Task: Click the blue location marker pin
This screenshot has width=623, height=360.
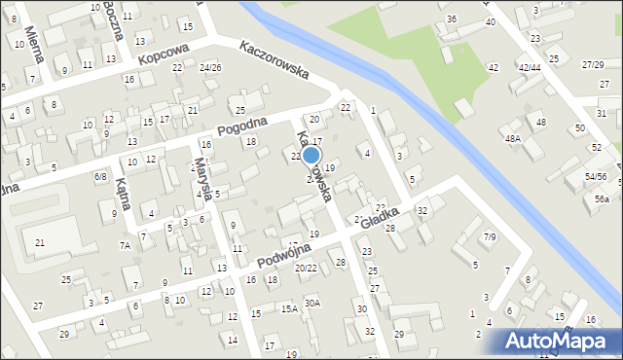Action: tap(311, 154)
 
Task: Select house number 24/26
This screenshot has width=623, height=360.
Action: tap(209, 67)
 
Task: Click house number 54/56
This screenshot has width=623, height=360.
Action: tap(596, 177)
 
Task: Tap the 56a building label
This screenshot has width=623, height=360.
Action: tap(602, 198)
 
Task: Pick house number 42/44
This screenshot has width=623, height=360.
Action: tap(529, 67)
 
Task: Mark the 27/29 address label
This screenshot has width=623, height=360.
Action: tap(592, 64)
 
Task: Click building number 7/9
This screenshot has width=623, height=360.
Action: tap(490, 236)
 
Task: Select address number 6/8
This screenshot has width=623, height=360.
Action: tap(99, 176)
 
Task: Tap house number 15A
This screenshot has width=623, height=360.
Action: tap(289, 309)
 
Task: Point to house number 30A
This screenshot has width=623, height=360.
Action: tap(311, 303)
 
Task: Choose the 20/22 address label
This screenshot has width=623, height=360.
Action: tap(306, 268)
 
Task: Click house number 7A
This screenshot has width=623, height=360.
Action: tap(125, 246)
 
